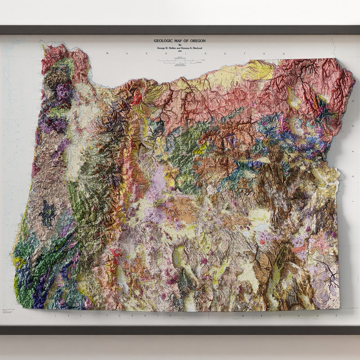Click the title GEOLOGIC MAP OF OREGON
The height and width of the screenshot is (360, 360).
pyautogui.click(x=180, y=41)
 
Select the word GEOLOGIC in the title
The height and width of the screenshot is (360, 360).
pyautogui.click(x=166, y=41)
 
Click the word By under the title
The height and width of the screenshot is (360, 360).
pyautogui.click(x=180, y=45)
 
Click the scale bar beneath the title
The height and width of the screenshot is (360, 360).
pyautogui.click(x=180, y=61)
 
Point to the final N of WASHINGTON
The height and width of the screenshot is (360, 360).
pyautogui.click(x=284, y=54)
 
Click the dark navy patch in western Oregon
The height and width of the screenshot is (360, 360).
pyautogui.click(x=47, y=213)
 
